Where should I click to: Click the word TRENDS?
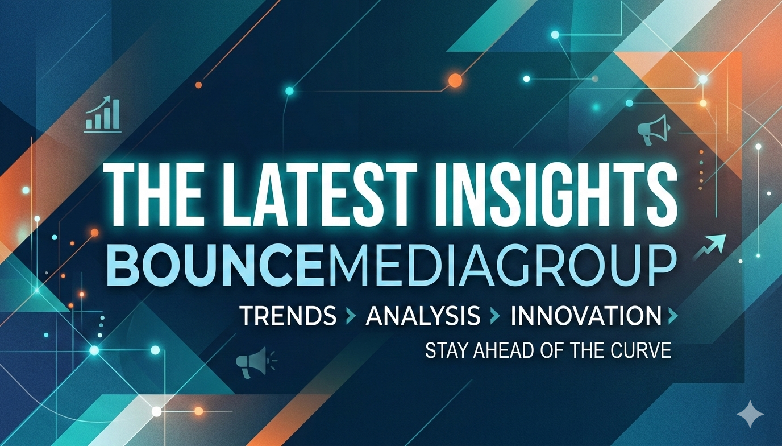[x=288, y=316]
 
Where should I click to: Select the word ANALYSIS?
[x=423, y=316]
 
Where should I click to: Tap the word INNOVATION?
[x=586, y=316]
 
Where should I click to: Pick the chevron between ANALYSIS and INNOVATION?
[x=496, y=316]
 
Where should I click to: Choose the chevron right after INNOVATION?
[x=673, y=316]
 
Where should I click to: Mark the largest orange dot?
[x=455, y=81]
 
